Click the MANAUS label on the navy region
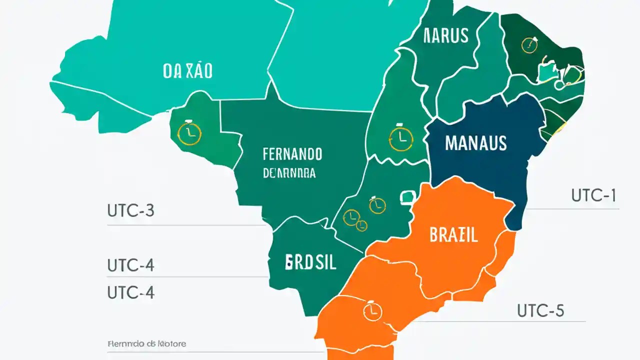pos(475,143)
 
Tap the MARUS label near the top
pos(445,35)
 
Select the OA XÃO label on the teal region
pos(187,71)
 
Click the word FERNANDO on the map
pos(292,154)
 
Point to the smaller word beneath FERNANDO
pos(289,173)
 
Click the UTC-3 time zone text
pos(130,210)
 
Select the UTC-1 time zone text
pos(593,195)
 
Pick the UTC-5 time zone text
pos(540,310)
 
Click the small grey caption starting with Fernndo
pos(146,344)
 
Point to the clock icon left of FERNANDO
pos(189,133)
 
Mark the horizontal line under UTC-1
pos(573,208)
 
